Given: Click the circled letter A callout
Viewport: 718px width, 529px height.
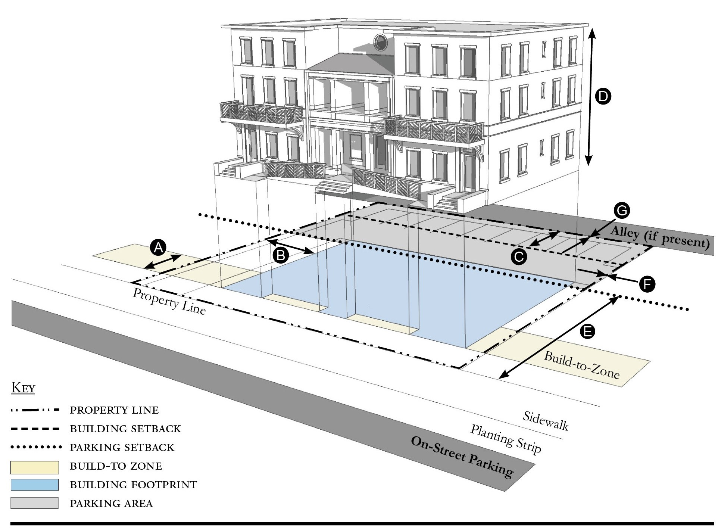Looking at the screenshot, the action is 158,248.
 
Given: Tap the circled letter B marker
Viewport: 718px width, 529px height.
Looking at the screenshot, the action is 281,255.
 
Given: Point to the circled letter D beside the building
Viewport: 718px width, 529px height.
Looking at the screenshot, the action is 603,97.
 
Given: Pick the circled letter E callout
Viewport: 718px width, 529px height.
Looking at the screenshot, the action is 588,331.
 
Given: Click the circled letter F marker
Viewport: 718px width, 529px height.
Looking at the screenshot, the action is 647,284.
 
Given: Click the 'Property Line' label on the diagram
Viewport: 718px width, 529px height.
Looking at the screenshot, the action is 169,302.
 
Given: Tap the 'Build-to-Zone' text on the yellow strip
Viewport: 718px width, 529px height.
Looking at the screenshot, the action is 581,365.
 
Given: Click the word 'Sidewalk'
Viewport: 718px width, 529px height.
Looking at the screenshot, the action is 546,421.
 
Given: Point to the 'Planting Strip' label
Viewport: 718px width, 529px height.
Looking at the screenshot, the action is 506,439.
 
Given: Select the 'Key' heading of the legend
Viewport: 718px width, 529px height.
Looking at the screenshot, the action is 23,388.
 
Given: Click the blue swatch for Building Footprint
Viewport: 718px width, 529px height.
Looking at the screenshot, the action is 34,485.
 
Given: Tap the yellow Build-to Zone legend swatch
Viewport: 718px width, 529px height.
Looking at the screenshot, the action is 34,467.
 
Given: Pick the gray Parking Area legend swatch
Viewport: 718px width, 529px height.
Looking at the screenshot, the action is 34,503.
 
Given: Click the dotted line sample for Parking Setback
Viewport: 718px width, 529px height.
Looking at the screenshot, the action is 35,447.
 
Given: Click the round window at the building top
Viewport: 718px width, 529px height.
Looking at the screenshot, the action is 380,42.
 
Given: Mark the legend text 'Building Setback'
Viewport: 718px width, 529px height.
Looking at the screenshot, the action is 125,429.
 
